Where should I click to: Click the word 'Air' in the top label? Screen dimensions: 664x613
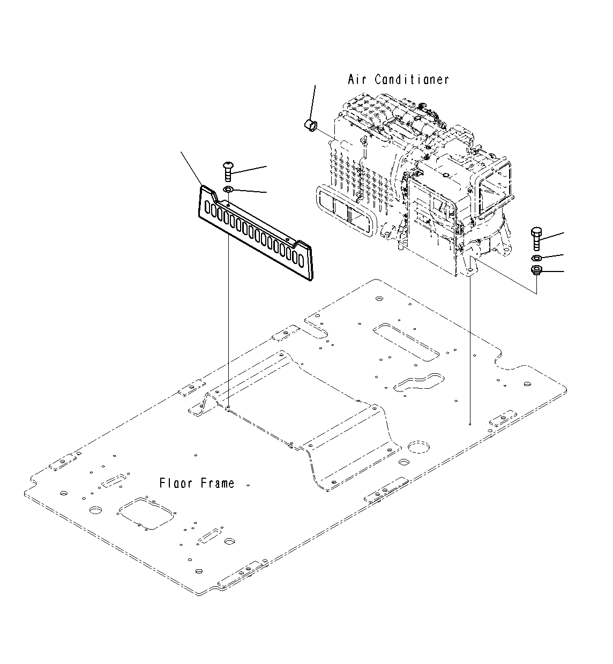tap(358, 80)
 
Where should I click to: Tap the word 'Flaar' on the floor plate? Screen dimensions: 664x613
tap(175, 484)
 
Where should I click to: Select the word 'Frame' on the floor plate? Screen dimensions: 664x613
tap(217, 484)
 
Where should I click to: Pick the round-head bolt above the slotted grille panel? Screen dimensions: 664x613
tap(227, 170)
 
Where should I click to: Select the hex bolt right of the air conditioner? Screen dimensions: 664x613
tap(536, 238)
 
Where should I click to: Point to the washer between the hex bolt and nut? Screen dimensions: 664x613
tap(536, 259)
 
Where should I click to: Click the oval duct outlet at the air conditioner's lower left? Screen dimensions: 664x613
tap(343, 211)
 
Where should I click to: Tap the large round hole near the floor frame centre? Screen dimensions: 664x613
tap(420, 448)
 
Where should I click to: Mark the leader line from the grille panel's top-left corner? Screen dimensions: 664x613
tap(191, 168)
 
